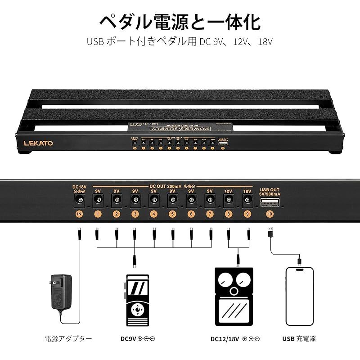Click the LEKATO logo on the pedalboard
click(x=38, y=143)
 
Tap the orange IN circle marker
click(x=79, y=214)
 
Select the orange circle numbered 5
click(x=172, y=214)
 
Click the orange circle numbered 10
click(x=270, y=214)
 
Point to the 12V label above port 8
click(x=229, y=191)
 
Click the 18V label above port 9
click(x=247, y=191)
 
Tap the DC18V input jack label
click(x=79, y=186)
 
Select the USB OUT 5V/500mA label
click(x=270, y=191)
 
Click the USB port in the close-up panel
click(x=270, y=202)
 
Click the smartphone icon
click(x=299, y=297)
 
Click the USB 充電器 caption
click(x=299, y=338)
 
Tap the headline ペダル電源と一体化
click(x=180, y=21)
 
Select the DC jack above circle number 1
click(x=98, y=201)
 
